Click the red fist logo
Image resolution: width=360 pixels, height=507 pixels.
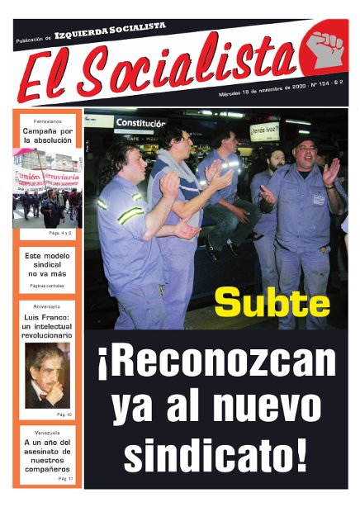(x=324, y=50)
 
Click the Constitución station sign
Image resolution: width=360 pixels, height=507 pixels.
(x=140, y=123)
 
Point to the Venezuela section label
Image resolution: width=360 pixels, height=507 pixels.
(x=48, y=431)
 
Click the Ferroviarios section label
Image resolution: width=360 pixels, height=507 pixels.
(x=48, y=121)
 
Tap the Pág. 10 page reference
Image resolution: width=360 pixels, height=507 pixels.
(x=64, y=414)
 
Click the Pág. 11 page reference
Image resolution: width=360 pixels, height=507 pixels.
(x=65, y=479)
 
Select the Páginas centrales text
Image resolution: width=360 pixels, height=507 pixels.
(x=48, y=285)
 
